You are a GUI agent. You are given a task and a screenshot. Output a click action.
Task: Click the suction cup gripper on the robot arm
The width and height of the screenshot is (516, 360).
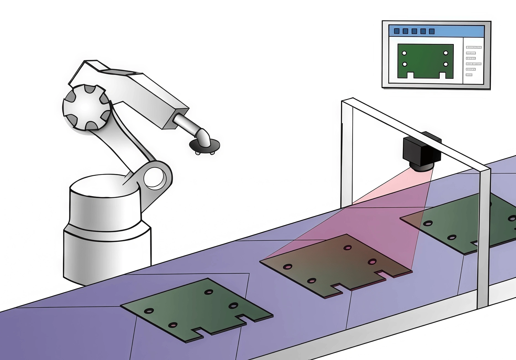point(205,145)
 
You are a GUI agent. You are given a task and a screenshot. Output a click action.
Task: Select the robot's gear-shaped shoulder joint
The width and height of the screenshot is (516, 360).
point(87,107)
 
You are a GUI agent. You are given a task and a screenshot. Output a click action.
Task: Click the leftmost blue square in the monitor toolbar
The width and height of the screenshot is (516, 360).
point(397,31)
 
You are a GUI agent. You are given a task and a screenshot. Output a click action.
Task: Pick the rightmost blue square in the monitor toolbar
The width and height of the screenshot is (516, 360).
point(432,31)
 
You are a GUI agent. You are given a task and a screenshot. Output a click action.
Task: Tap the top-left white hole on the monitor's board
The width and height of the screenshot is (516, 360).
point(404,53)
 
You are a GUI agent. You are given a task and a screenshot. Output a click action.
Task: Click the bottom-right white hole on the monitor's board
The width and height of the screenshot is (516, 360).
point(446,64)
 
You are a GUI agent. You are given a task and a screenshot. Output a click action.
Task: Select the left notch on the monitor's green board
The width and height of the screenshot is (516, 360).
point(410,75)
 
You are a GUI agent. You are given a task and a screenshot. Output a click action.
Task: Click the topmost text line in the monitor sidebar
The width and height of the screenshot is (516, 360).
point(474,48)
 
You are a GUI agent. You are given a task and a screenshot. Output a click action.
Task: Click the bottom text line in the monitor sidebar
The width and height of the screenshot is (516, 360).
point(469,75)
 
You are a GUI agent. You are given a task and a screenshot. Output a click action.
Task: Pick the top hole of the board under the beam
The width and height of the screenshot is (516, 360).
point(347,248)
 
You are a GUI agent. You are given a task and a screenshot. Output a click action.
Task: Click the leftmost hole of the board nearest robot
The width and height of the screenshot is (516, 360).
point(149,311)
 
